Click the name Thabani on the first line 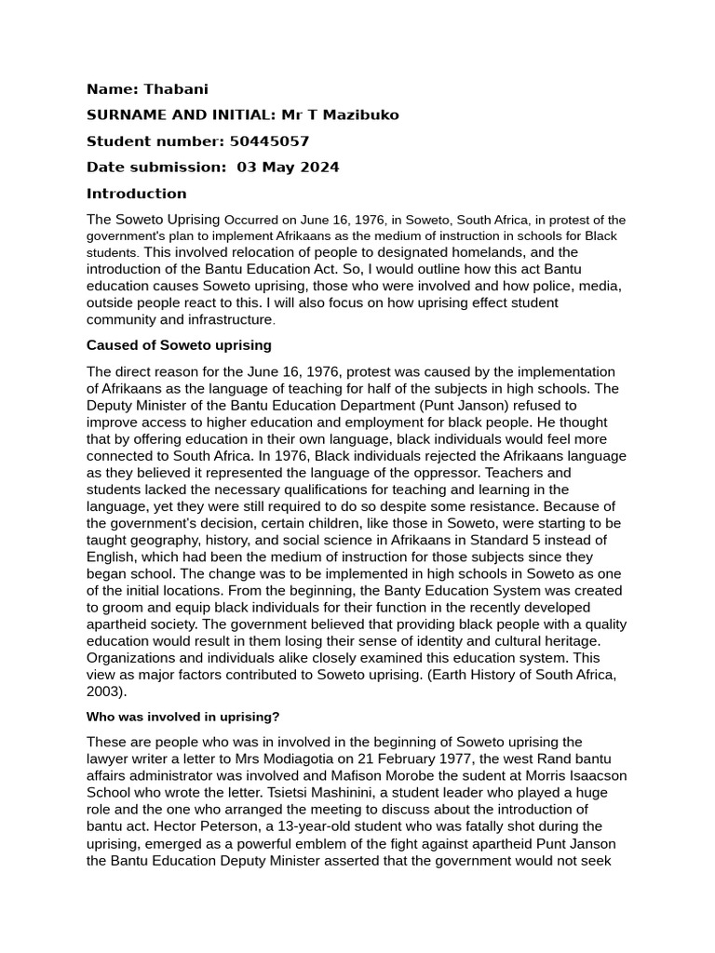tap(176, 89)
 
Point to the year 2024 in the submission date tap(320, 168)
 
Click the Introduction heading tap(137, 194)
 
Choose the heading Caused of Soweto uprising tap(179, 345)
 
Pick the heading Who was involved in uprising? tap(183, 717)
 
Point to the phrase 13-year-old tap(336, 825)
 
